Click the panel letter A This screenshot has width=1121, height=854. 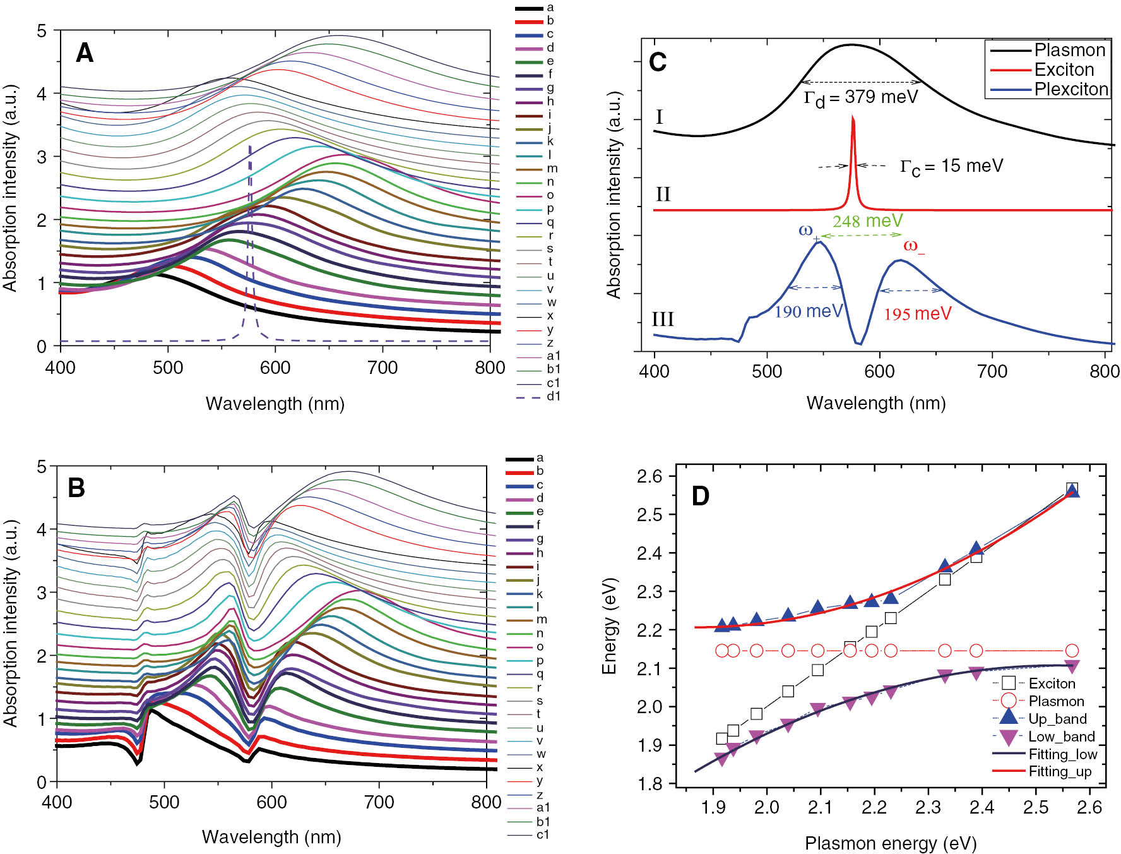[85, 53]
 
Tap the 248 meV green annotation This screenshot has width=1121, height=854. [867, 221]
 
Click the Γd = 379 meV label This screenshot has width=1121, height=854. [860, 98]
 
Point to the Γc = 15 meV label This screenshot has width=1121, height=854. [951, 166]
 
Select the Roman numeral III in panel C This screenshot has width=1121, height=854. [663, 319]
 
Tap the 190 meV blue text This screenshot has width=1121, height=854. [808, 311]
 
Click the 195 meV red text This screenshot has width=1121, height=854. [917, 313]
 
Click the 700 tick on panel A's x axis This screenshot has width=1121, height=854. [383, 368]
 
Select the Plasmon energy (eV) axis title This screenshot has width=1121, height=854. [890, 843]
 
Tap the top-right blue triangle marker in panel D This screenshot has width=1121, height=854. [1072, 490]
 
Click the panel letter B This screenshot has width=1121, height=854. [76, 488]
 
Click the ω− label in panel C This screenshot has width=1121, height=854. [913, 246]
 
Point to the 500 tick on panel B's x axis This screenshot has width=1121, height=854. [164, 802]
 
